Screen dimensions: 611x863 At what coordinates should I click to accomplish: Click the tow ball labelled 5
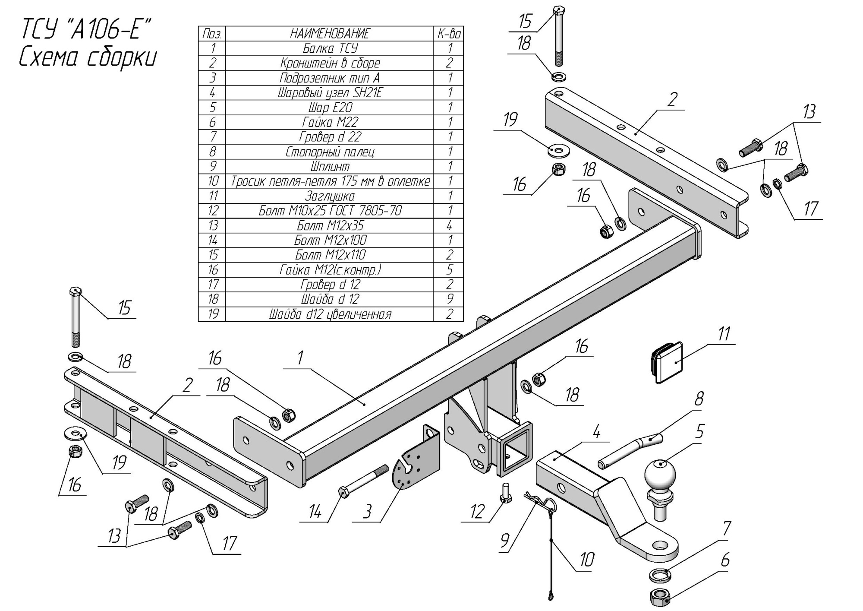click(660, 474)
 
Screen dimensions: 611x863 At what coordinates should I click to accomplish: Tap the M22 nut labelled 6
click(659, 597)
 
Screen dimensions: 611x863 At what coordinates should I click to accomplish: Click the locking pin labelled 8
click(630, 452)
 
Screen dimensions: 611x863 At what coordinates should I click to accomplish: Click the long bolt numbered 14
click(363, 480)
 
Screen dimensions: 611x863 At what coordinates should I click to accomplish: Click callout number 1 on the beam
click(299, 358)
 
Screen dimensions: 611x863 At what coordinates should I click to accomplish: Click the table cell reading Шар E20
click(330, 107)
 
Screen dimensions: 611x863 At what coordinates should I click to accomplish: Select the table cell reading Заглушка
click(330, 196)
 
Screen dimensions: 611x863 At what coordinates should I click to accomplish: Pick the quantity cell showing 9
click(449, 299)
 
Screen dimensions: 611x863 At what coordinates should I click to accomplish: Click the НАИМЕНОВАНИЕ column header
click(330, 33)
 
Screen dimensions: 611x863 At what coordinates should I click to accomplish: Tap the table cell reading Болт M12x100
click(330, 240)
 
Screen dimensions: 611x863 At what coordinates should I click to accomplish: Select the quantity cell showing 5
click(449, 270)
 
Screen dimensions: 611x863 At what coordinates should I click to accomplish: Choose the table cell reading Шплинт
click(330, 166)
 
